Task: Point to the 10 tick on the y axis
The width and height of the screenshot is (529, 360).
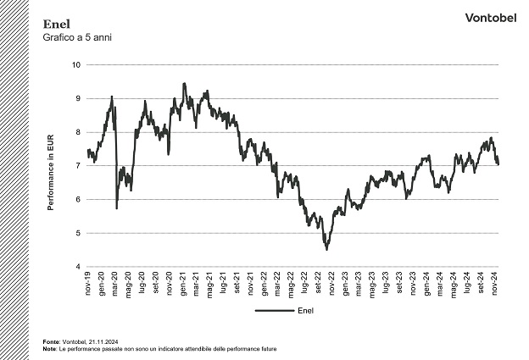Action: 76,65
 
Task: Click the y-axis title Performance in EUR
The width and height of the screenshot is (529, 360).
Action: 52,166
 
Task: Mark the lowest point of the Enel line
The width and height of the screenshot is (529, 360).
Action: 326,249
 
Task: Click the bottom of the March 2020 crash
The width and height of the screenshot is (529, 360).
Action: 116,208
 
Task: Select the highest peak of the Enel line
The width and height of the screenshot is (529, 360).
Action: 184,83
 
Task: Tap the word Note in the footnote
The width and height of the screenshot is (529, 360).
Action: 49,348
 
